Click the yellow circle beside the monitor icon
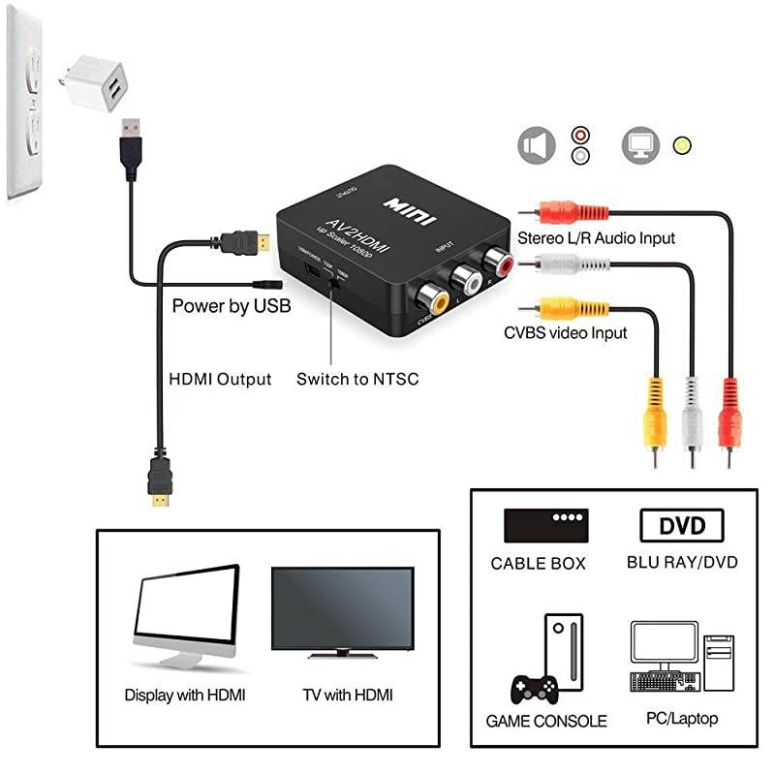tap(683, 146)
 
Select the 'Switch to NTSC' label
tap(357, 379)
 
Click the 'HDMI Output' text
tap(220, 379)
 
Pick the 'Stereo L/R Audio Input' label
tap(596, 237)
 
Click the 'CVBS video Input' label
tap(565, 332)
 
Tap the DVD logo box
tap(681, 526)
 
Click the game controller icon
tap(533, 687)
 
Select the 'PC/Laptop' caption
tap(682, 718)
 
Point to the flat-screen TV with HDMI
tap(342, 612)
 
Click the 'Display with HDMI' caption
tap(185, 695)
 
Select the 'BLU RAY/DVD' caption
tap(682, 562)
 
